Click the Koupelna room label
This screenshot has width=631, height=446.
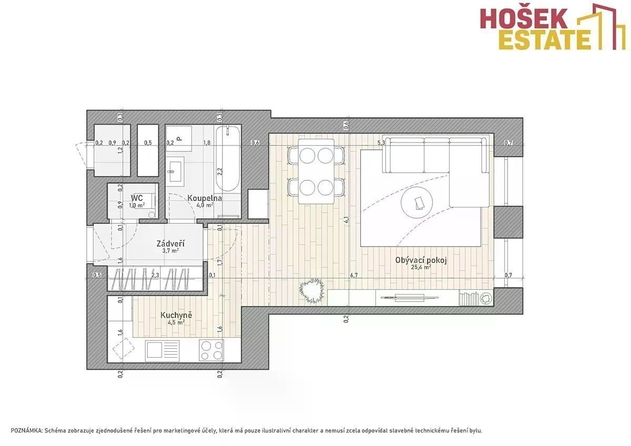tap(205, 198)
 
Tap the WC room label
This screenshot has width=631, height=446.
tap(137, 197)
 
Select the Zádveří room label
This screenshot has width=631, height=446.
tap(171, 244)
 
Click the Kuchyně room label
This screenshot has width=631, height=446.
tap(176, 315)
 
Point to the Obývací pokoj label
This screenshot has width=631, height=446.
tap(421, 260)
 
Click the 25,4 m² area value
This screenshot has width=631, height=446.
tap(421, 267)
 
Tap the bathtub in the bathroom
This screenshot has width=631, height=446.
tap(228, 159)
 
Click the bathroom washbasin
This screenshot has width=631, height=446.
tap(175, 171)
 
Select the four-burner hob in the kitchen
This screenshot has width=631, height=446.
tap(211, 350)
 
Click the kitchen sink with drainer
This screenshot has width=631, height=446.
tap(162, 351)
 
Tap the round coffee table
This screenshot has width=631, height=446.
tap(416, 202)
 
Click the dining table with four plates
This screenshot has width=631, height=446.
tap(316, 171)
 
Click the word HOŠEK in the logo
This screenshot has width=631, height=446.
tap(523, 18)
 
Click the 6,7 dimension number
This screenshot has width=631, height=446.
tap(354, 275)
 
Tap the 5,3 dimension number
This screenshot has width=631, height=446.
tap(381, 143)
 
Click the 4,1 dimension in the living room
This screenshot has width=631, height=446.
tap(346, 219)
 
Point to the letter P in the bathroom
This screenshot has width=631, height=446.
tap(178, 138)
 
